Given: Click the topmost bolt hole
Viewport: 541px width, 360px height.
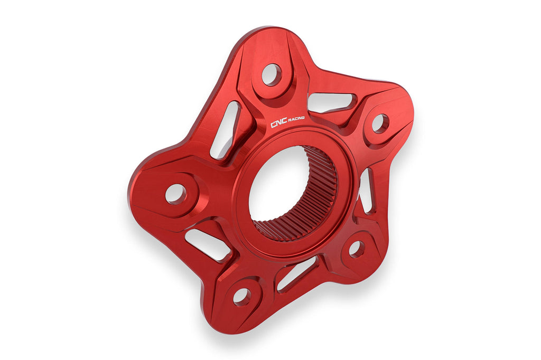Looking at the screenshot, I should click(271, 74).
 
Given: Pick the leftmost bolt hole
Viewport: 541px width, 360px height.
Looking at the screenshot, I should click(175, 194).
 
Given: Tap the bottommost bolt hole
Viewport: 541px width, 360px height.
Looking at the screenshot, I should click(242, 296).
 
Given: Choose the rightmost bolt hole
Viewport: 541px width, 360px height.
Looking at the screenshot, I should click(380, 124).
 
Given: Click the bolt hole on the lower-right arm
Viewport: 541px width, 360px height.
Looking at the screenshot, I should click(357, 249).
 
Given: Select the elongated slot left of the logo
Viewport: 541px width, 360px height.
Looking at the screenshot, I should click(226, 130).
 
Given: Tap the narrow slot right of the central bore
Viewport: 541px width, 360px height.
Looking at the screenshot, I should click(366, 190).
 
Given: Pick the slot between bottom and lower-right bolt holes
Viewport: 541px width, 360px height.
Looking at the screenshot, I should click(297, 272).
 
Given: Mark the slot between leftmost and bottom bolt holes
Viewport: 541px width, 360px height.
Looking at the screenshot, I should click(208, 244).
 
